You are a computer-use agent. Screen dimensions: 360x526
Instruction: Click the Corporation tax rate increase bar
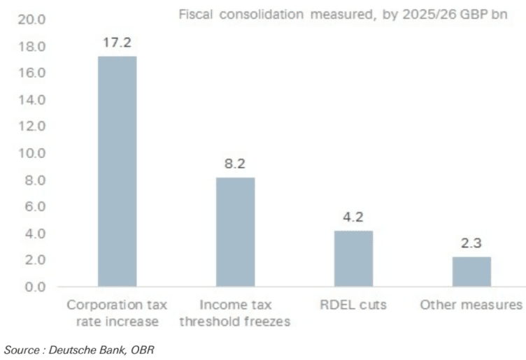[x=117, y=171]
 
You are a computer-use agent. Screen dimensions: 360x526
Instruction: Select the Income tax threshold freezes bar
[x=235, y=232]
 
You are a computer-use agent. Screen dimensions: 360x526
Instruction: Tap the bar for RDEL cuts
[x=353, y=259]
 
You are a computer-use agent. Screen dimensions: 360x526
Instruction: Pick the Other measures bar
[x=471, y=271]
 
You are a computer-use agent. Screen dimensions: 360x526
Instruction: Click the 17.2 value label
[x=117, y=42]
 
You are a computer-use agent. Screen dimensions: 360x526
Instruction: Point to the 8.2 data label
[x=235, y=164]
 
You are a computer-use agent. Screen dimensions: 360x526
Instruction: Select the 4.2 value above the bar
[x=353, y=217]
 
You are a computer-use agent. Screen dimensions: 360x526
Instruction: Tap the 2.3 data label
[x=471, y=243]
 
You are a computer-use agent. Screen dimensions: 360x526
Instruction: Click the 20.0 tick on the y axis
[x=31, y=20]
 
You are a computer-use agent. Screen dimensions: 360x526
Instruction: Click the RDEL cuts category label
[x=353, y=305]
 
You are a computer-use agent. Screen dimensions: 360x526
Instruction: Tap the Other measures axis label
[x=471, y=305]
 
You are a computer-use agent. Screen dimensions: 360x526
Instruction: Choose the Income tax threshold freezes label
[x=235, y=313]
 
